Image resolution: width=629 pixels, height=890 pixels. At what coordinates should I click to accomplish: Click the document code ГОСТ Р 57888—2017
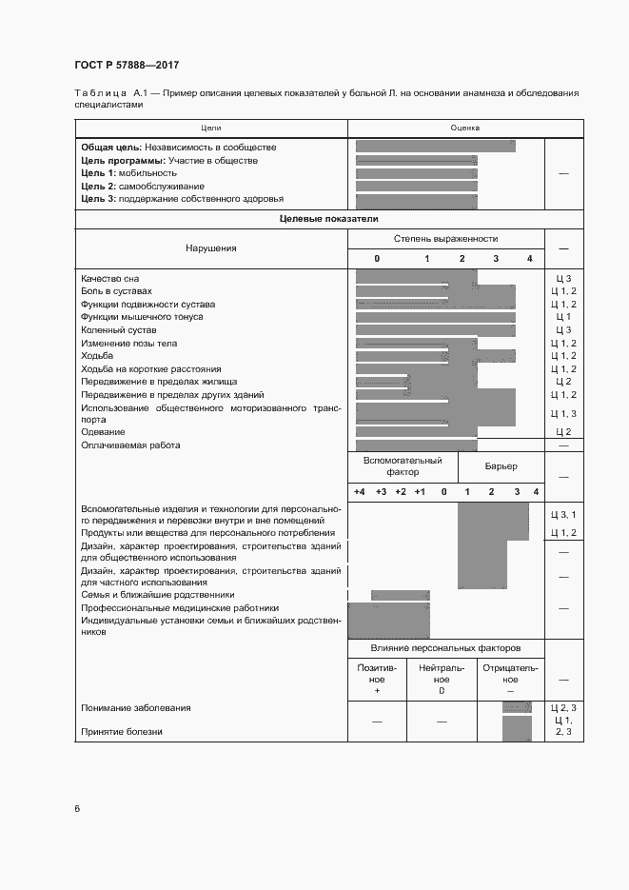click(x=126, y=65)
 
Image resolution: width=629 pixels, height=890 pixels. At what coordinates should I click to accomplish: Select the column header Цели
click(x=210, y=127)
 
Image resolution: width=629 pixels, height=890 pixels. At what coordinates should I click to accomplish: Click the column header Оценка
click(x=465, y=127)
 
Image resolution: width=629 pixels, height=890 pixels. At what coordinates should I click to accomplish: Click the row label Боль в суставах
click(x=116, y=291)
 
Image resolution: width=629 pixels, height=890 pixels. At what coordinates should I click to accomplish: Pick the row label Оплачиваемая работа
click(x=130, y=445)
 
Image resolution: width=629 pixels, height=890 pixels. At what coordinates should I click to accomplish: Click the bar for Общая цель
click(x=435, y=147)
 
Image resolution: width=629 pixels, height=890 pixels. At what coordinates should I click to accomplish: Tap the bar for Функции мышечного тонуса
click(x=435, y=317)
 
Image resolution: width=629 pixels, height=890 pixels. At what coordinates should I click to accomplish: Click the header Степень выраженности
click(x=445, y=239)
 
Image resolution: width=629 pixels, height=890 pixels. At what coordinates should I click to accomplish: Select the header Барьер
click(x=501, y=466)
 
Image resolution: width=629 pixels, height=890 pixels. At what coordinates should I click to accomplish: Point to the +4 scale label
click(x=359, y=491)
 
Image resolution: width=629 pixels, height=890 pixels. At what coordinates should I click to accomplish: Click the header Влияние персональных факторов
click(x=445, y=648)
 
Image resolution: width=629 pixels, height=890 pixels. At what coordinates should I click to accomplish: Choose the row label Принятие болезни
click(x=122, y=732)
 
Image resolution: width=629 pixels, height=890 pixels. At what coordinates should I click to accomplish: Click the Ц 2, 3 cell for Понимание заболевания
click(x=563, y=708)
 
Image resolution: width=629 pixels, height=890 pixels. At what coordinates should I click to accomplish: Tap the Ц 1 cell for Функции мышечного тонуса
click(x=563, y=317)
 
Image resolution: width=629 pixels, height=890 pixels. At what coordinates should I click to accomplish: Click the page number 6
click(x=77, y=810)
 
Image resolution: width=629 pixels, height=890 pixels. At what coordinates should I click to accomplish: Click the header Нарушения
click(x=210, y=248)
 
